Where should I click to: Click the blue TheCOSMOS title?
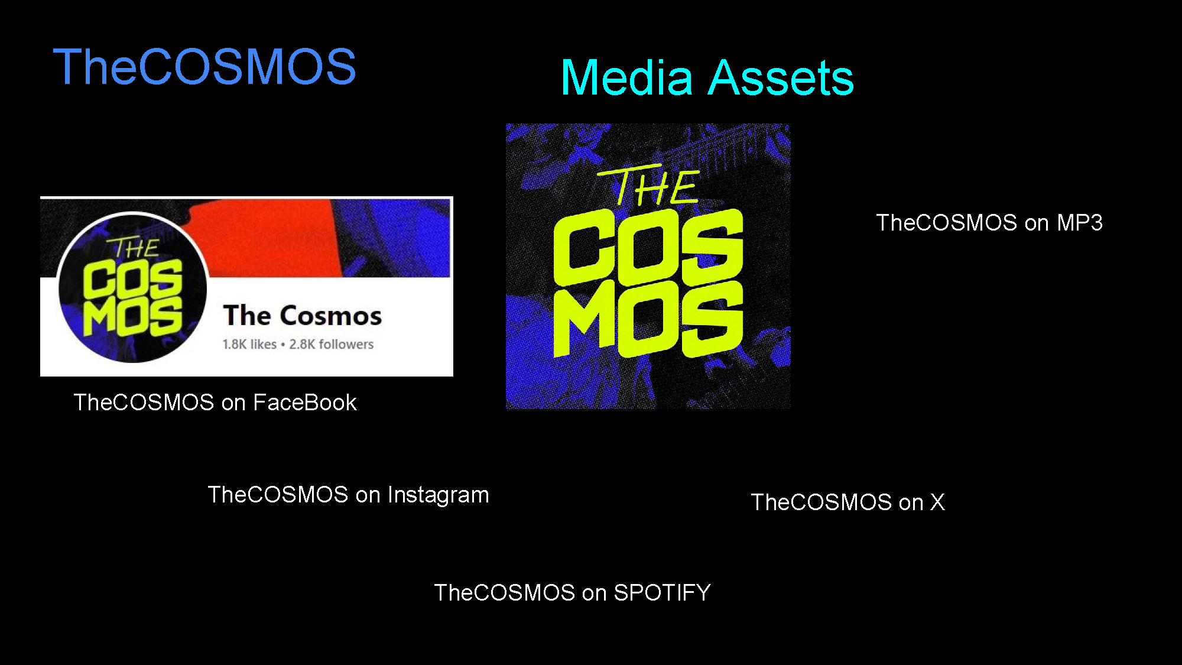(204, 67)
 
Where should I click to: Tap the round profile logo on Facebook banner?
(132, 288)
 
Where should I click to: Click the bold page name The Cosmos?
(303, 315)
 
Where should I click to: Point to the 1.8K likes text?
(249, 344)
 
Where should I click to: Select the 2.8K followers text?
(332, 344)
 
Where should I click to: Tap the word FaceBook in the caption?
(305, 403)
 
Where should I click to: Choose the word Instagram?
(439, 495)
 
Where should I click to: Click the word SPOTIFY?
(662, 593)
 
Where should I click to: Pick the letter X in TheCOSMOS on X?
(937, 502)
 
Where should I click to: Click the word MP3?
(1080, 223)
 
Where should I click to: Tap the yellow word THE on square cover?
(649, 186)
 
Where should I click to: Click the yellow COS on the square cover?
(648, 247)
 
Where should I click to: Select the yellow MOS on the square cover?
(648, 319)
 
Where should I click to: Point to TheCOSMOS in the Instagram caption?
(278, 495)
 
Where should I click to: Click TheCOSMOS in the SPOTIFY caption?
(505, 593)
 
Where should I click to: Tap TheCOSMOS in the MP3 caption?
(947, 223)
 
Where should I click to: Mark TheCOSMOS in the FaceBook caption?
(144, 403)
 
